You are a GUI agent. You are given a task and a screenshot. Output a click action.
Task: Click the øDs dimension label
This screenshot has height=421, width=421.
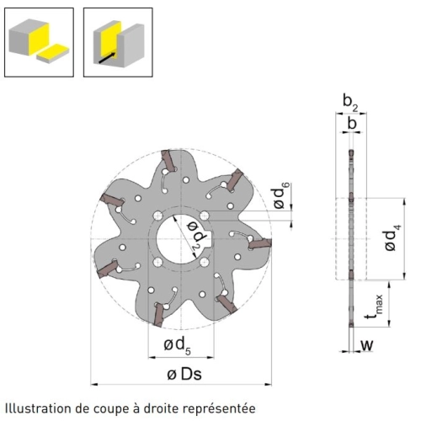coord(184,374)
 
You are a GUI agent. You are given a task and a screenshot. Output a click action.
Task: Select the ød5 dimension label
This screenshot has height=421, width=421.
coord(177,346)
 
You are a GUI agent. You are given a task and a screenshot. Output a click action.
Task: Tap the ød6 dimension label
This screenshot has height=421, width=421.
coord(280,195)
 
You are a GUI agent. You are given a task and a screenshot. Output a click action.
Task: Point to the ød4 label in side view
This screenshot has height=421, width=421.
coord(392,237)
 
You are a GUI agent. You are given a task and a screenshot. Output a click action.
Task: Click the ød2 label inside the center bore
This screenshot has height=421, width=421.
coord(196,236)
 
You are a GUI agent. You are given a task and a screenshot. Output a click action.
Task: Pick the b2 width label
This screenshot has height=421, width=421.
coord(350,103)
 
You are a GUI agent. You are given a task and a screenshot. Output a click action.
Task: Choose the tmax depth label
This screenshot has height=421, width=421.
coord(374,307)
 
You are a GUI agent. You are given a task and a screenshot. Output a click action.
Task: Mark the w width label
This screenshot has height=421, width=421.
coord(367,345)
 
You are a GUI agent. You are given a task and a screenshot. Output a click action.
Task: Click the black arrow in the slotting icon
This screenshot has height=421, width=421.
coord(108,57)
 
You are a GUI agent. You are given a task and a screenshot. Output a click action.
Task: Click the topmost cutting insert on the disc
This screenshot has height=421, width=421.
coord(168,160)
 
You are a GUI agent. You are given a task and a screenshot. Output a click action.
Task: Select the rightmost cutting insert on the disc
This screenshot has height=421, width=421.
coord(260,243)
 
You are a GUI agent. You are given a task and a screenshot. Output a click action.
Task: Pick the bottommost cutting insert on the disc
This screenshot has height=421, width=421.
coord(160,315)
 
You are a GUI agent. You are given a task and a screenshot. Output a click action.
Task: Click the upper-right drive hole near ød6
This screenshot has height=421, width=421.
coord(205,216)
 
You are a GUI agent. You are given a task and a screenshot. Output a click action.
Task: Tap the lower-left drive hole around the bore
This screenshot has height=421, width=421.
coord(158,262)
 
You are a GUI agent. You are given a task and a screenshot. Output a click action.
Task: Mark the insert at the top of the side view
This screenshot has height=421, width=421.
coord(351,153)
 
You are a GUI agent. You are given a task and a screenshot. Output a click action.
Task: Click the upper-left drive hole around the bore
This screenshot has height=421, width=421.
coord(158,216)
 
